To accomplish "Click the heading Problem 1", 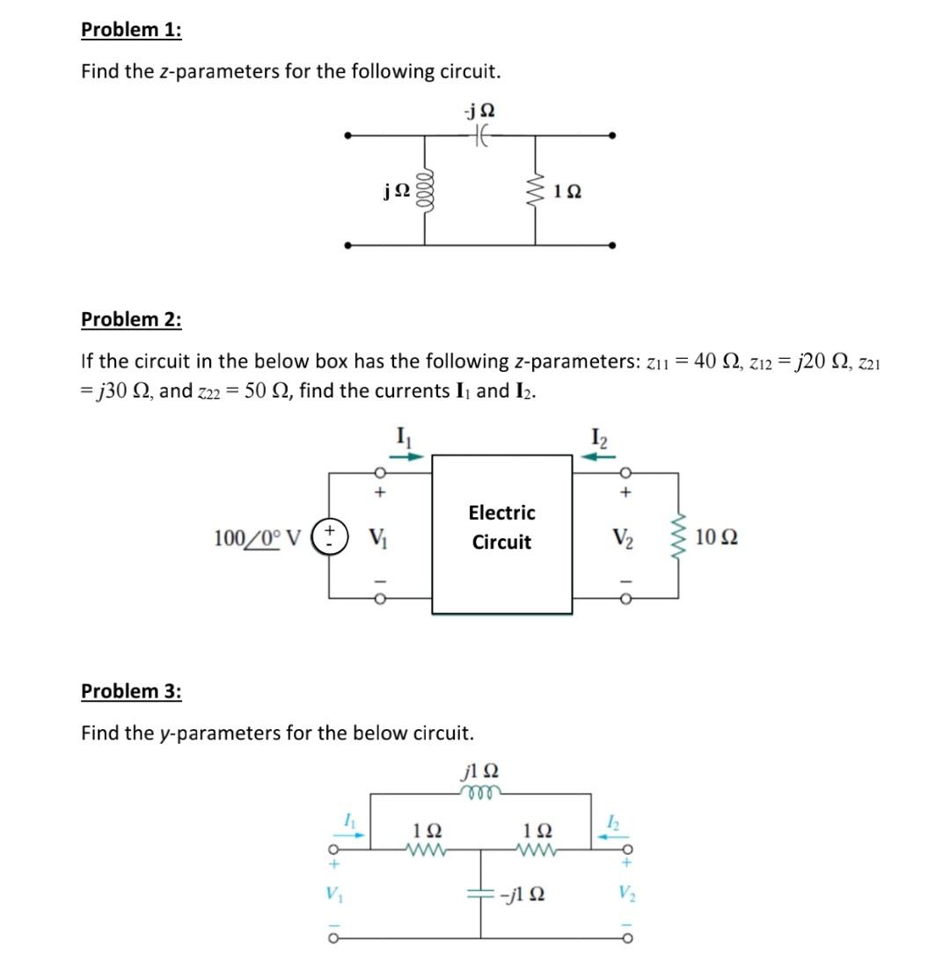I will coord(131,29).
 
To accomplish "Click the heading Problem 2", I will coord(131,318).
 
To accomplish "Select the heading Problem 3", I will coord(131,691).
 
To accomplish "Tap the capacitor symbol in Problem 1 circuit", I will coord(479,135).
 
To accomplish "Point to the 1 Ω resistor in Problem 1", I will coord(535,190).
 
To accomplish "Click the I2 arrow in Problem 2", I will coord(601,456).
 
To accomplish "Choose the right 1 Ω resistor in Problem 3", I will coord(536,850).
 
